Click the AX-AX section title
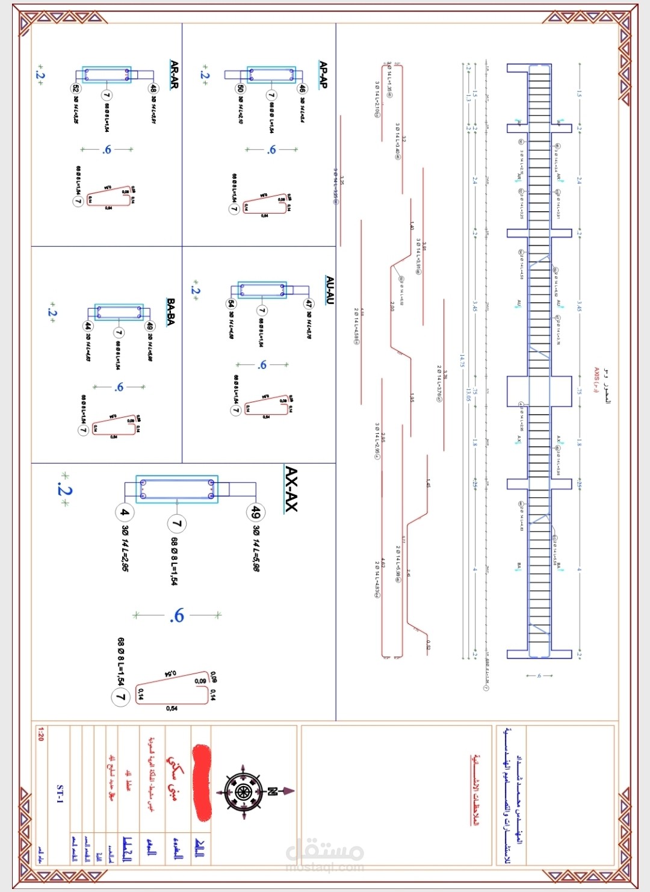point(291,489)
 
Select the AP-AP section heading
point(323,75)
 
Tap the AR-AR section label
point(175,75)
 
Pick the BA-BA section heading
point(171,312)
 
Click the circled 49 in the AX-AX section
point(256,512)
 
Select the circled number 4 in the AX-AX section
point(124,512)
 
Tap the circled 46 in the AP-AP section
point(302,88)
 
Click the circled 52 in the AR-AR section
point(76,88)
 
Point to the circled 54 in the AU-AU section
point(231,304)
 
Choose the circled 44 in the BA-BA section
point(88,326)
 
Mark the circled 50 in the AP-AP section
point(240,88)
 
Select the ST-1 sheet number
point(60,794)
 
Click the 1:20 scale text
point(40,734)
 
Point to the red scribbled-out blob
point(202,782)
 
